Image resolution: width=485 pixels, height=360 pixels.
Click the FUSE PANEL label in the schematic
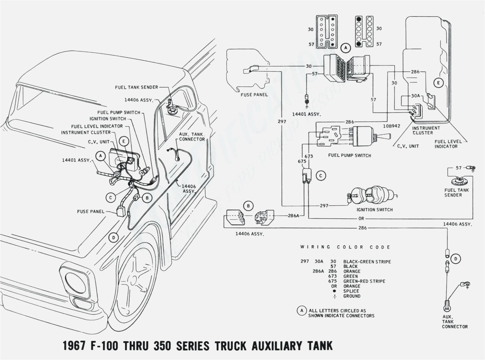pos(254,95)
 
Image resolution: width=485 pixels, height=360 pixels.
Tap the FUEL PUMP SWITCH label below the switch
pos(349,155)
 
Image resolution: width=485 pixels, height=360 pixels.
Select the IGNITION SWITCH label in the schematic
pos(375,210)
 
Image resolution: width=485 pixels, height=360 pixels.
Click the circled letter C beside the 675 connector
pos(321,176)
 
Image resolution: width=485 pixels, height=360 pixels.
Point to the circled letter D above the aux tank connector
pos(456,259)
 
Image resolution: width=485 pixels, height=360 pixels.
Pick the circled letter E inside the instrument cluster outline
pos(438,83)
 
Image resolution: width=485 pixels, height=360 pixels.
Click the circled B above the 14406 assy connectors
pos(248,206)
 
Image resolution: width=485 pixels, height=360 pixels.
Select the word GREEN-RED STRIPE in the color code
pos(364,281)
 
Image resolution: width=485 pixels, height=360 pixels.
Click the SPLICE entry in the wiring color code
pos(351,291)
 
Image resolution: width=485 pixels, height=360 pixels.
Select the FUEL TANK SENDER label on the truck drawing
pos(136,87)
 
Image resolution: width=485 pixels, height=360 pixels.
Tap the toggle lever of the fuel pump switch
pos(386,136)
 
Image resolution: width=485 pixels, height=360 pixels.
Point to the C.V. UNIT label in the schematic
pos(408,146)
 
